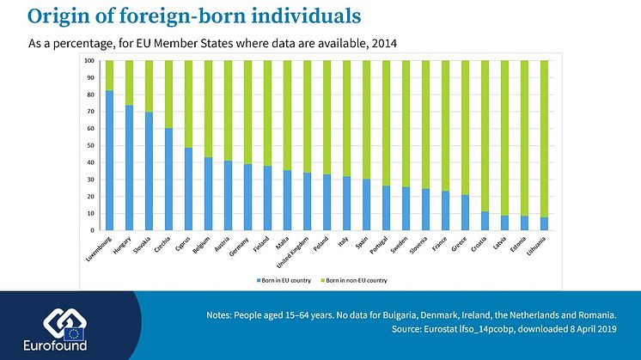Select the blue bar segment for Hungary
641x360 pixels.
(129, 168)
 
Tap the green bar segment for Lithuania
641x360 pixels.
(544, 138)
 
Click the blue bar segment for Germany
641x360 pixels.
(247, 198)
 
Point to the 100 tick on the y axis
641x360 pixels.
(89, 61)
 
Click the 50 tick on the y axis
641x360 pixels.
(90, 146)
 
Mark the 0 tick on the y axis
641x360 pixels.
(92, 230)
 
